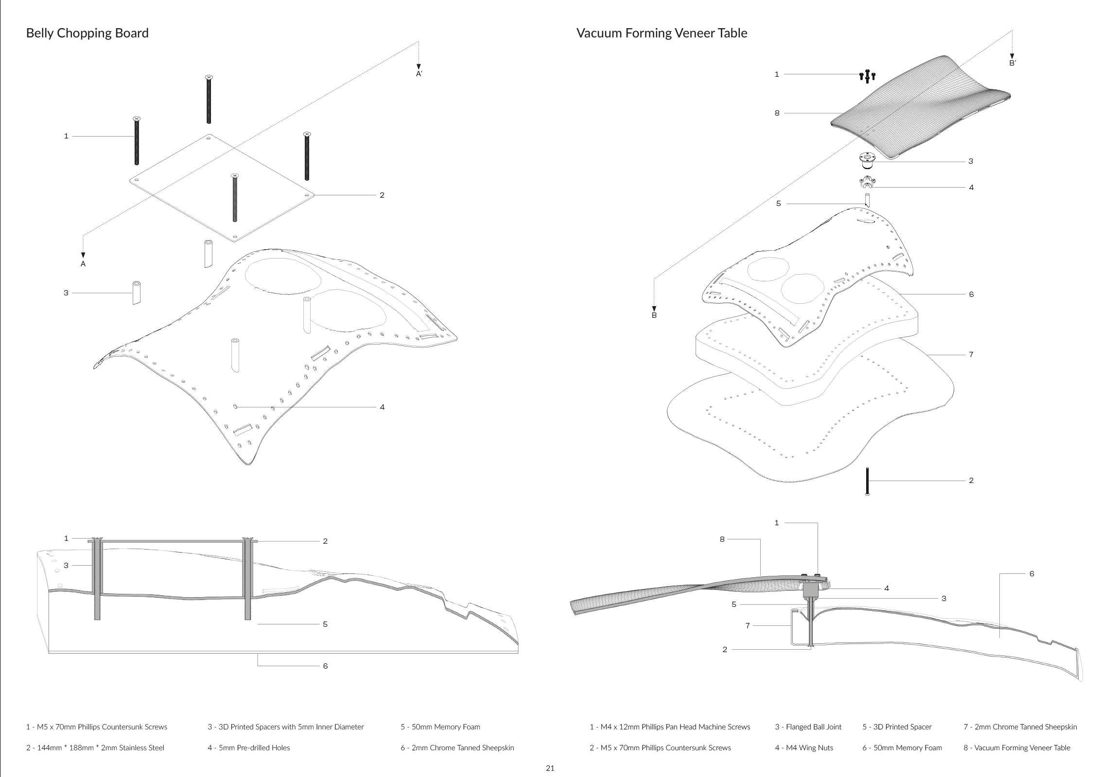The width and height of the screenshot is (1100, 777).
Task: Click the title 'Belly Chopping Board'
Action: click(87, 33)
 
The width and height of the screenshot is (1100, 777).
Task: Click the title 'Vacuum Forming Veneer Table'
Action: click(662, 33)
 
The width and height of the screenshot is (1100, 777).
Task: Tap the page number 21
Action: click(550, 768)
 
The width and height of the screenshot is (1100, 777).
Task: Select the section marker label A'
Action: click(419, 74)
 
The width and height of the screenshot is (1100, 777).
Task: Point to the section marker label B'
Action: click(1013, 63)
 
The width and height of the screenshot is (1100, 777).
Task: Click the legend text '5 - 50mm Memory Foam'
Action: click(440, 727)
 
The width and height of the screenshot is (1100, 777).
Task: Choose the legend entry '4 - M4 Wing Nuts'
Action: click(803, 747)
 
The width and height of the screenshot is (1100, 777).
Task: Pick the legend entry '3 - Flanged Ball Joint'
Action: click(808, 727)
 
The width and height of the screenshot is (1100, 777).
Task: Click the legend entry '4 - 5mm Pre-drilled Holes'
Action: click(248, 747)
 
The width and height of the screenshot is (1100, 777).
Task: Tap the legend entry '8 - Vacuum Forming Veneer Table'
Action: click(1017, 747)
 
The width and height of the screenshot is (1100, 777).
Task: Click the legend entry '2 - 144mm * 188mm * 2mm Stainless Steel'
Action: click(95, 747)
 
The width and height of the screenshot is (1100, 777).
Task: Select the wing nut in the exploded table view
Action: click(866, 183)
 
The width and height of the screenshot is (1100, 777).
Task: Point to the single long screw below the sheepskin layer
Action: click(867, 481)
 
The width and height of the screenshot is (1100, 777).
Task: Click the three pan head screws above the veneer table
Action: click(867, 76)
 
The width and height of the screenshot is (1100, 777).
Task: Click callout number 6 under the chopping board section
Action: click(325, 666)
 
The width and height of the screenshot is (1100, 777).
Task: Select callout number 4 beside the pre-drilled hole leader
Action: click(382, 407)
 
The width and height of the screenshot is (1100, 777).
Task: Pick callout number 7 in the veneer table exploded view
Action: click(971, 355)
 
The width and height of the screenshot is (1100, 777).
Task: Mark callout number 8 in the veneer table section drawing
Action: click(722, 539)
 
